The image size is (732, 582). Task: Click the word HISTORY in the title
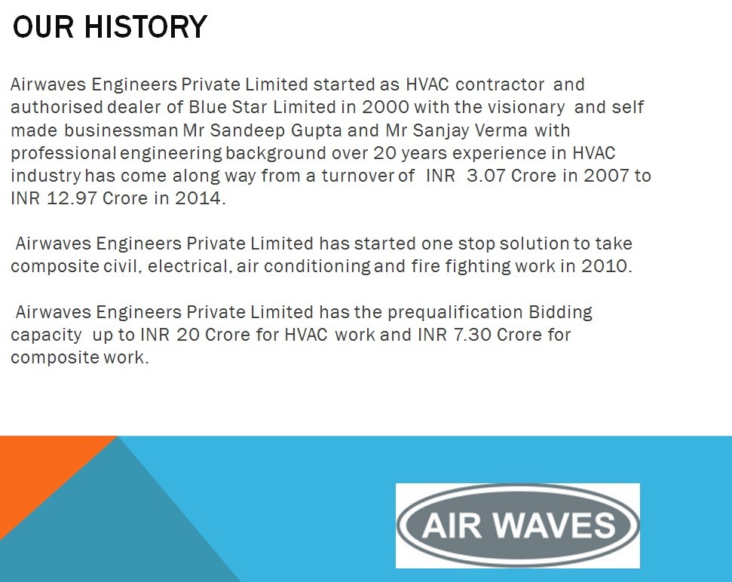click(x=145, y=26)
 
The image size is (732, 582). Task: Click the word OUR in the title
click(x=43, y=26)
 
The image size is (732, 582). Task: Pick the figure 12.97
click(x=72, y=198)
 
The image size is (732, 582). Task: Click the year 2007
click(x=606, y=176)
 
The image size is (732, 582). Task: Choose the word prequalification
click(x=455, y=313)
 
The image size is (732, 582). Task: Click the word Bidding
click(x=560, y=313)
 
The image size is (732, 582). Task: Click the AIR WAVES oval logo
click(x=518, y=525)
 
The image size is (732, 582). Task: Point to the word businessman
click(x=121, y=130)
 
